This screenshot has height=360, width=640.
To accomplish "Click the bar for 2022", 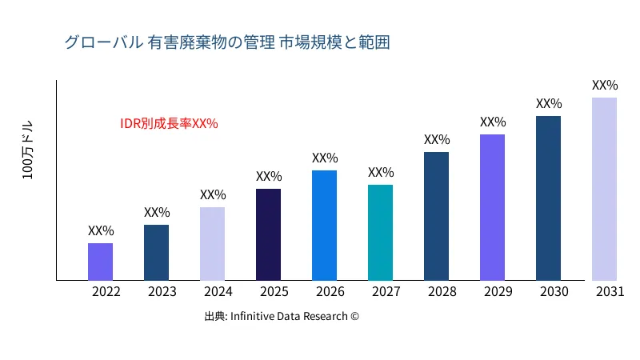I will [x=100, y=262].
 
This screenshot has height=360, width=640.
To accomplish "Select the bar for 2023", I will [x=156, y=252].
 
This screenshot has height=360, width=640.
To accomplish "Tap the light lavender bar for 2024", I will [x=212, y=243].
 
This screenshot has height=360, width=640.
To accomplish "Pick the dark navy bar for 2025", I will [x=268, y=234].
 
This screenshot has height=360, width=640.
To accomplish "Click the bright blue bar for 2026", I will [x=324, y=225].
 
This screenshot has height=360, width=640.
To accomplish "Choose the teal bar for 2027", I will [x=380, y=232].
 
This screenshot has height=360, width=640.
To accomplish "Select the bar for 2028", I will [x=436, y=216].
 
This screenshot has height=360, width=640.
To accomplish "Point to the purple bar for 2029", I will [x=492, y=207].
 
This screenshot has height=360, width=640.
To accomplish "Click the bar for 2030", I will [x=548, y=198].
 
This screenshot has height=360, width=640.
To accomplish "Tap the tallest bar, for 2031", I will [x=604, y=189].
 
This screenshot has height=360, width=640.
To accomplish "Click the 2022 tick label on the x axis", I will [x=106, y=292].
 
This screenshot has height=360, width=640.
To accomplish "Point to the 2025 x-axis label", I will [x=274, y=292].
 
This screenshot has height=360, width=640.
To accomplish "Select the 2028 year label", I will [x=442, y=292].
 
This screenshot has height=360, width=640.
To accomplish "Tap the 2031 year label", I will [x=610, y=292].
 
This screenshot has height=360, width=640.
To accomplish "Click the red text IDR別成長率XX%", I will [x=169, y=124].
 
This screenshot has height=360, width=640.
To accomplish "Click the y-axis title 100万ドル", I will [x=28, y=151].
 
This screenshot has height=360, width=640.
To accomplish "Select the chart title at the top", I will [x=226, y=42].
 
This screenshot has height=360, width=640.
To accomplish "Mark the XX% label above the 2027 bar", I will [x=381, y=173].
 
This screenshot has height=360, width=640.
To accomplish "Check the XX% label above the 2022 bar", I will [x=101, y=231].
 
